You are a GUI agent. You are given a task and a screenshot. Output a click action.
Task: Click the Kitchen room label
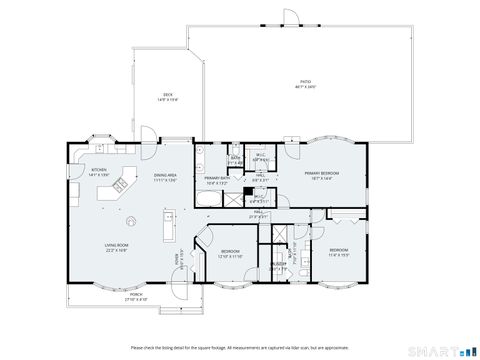pos(99,172)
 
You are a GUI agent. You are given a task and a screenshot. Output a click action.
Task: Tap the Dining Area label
pos(165,178)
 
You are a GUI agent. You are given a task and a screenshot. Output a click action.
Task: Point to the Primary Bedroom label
pos(324,176)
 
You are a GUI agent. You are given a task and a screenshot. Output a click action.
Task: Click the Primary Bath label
pos(217,181)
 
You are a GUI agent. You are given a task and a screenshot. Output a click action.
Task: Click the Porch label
pos(136,297)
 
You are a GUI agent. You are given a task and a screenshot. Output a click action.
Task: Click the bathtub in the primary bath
pos(214,200)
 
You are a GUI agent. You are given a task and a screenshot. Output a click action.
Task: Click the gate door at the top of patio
pos(291,14)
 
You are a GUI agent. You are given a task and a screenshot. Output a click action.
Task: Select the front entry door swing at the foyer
pos(177,290)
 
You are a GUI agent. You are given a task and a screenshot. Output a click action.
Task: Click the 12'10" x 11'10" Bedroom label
pos(229,254)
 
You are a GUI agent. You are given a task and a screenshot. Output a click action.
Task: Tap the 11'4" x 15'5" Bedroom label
pos(339,252)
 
